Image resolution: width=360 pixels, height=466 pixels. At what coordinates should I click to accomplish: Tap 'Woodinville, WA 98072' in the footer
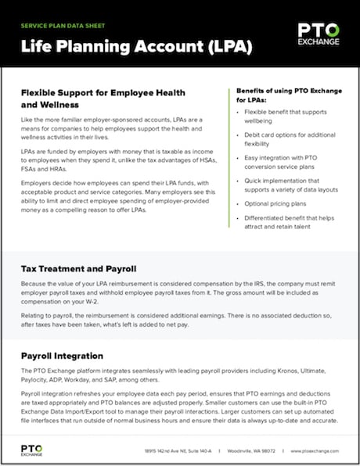[x=252, y=451]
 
